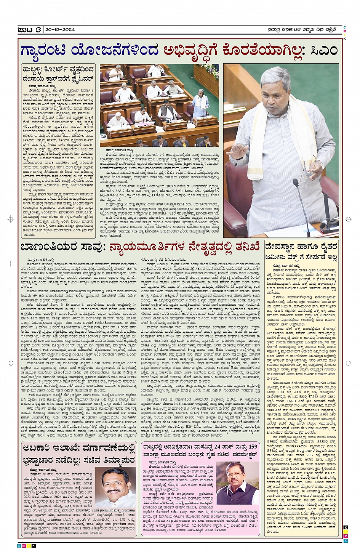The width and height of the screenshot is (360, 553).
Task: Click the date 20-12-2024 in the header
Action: point(60,29)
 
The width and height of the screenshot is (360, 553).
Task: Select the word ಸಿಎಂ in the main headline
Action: point(323,50)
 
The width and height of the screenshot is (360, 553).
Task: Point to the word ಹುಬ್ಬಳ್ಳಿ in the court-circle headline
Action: point(37,69)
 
